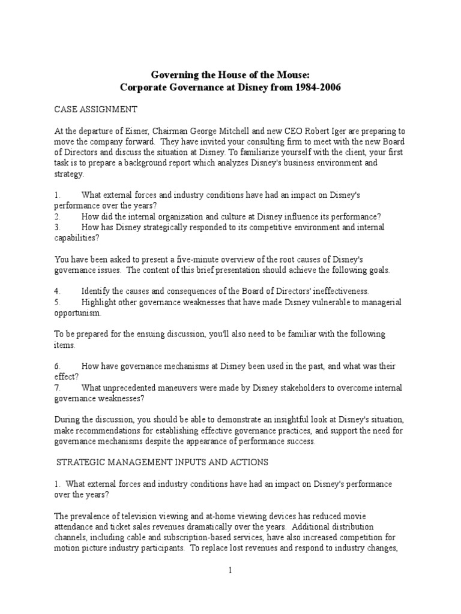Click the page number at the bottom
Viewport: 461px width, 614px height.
point(230,571)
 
